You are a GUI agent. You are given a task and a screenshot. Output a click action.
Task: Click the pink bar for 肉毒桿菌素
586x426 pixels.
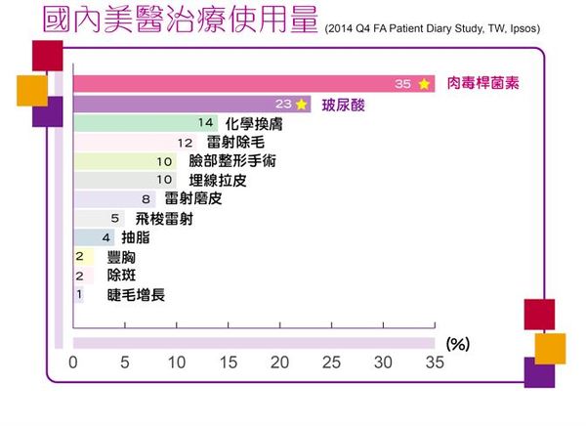(244, 84)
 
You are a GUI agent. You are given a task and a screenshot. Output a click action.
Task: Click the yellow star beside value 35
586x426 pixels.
(424, 84)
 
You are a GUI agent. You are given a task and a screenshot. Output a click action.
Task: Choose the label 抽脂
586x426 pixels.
(136, 237)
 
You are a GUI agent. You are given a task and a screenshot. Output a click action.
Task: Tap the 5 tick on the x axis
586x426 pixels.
(125, 362)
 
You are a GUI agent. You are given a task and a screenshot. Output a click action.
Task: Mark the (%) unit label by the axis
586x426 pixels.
(458, 344)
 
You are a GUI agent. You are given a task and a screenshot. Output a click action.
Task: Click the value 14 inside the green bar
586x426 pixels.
(205, 123)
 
